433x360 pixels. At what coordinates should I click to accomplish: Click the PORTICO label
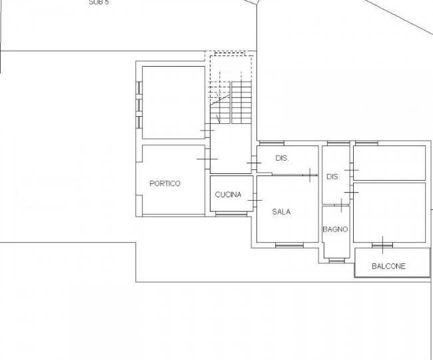pyautogui.click(x=165, y=183)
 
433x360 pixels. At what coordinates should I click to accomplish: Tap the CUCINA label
pyautogui.click(x=228, y=195)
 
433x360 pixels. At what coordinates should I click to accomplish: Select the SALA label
pyautogui.click(x=281, y=212)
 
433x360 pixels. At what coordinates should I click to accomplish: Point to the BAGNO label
pyautogui.click(x=335, y=229)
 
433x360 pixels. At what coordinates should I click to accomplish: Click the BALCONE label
pyautogui.click(x=388, y=267)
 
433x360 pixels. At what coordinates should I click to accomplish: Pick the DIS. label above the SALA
pyautogui.click(x=282, y=158)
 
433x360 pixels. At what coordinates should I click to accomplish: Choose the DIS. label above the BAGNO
pyautogui.click(x=333, y=177)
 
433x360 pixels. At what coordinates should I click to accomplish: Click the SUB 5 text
pyautogui.click(x=99, y=2)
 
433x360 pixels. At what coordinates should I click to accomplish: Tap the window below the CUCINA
pyautogui.click(x=231, y=214)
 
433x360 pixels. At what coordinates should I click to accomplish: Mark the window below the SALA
pyautogui.click(x=289, y=245)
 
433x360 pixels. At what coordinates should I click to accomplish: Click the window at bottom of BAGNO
pyautogui.click(x=337, y=260)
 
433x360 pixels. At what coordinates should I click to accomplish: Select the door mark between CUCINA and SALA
pyautogui.click(x=254, y=200)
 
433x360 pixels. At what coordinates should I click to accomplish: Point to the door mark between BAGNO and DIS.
pyautogui.click(x=342, y=205)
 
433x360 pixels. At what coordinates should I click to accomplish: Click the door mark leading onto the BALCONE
pyautogui.click(x=382, y=245)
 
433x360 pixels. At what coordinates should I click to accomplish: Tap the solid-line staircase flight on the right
pyautogui.click(x=242, y=103)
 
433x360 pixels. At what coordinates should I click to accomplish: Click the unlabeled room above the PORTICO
pyautogui.click(x=173, y=102)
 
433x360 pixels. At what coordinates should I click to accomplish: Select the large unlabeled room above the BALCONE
pyautogui.click(x=390, y=213)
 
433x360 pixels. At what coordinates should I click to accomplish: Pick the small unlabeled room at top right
pyautogui.click(x=390, y=163)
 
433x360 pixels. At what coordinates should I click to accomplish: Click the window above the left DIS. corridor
pyautogui.click(x=272, y=143)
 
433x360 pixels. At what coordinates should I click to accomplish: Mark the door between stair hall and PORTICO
pyautogui.click(x=207, y=159)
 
